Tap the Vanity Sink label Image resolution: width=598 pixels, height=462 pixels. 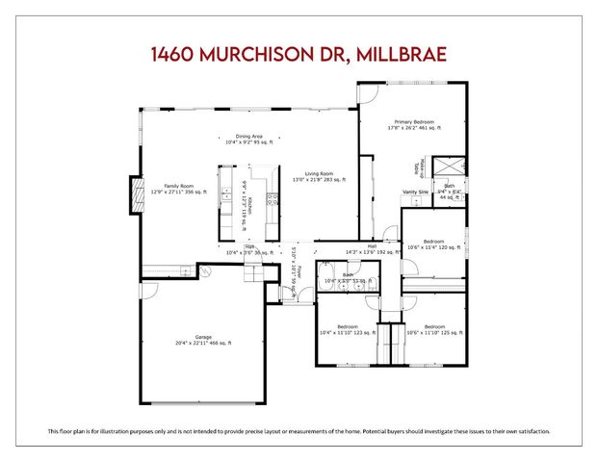415,192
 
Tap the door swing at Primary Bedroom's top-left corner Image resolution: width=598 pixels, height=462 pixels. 367,91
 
